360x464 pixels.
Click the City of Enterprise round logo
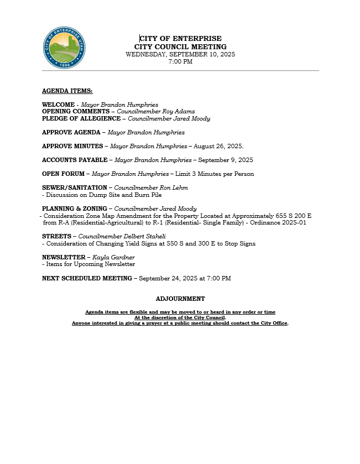point(65,48)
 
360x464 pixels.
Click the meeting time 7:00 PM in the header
point(180,62)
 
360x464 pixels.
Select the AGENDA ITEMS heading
point(67,91)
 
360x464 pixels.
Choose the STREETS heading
point(57,236)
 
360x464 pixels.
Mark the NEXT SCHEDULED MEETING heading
point(87,278)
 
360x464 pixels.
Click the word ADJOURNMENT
point(180,299)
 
